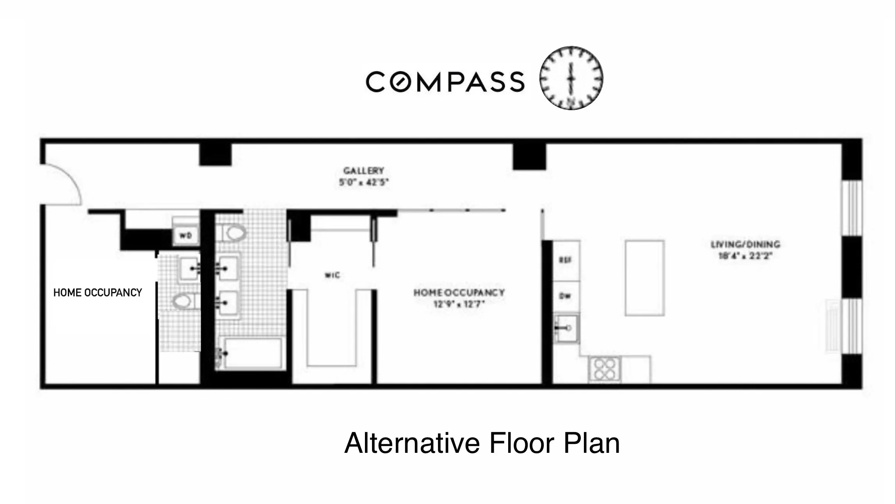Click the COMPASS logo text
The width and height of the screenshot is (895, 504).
coord(445,82)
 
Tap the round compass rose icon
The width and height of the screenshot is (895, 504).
coord(571,78)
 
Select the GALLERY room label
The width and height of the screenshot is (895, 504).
coord(363,171)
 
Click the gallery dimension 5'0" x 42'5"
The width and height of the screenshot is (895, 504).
coord(363,182)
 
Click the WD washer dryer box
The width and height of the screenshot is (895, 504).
coord(185,236)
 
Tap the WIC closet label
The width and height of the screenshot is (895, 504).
coord(333,275)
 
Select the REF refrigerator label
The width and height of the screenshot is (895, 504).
coord(566,260)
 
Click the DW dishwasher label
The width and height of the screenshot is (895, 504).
coord(566,296)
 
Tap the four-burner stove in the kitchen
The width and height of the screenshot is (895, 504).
coord(604,369)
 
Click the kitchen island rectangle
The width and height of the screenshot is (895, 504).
coord(644,278)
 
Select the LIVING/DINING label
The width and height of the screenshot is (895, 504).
coord(745,245)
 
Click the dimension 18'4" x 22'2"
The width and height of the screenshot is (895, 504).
coord(745,256)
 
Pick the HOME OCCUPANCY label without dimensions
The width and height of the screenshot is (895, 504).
coord(98,293)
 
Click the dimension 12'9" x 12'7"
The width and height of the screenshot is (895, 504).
coord(459,304)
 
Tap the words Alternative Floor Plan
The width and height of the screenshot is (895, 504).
coord(482,443)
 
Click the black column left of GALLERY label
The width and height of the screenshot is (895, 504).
coord(215,155)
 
